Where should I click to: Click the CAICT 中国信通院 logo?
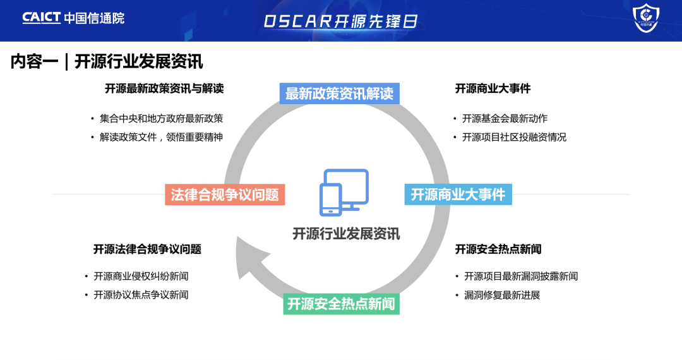(x=73, y=18)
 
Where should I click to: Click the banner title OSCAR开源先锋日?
(x=341, y=21)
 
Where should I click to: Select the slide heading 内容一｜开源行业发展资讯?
(x=107, y=61)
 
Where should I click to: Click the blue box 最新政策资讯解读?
(x=339, y=93)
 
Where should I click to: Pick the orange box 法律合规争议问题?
(x=225, y=195)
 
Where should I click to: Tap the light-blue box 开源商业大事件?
(x=458, y=195)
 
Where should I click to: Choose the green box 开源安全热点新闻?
(x=341, y=304)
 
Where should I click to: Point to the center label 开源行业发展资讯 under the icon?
(x=346, y=234)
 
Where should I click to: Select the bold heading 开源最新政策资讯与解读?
(x=164, y=88)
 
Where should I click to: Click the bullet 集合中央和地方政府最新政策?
(x=161, y=118)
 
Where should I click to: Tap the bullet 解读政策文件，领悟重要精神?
(x=161, y=137)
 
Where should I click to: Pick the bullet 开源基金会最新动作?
(x=505, y=118)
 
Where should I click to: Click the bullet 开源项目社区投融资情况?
(x=514, y=137)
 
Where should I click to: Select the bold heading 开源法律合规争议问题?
(x=147, y=249)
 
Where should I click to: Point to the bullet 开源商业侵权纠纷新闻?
(x=141, y=276)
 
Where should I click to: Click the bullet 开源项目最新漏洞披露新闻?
(x=521, y=276)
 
